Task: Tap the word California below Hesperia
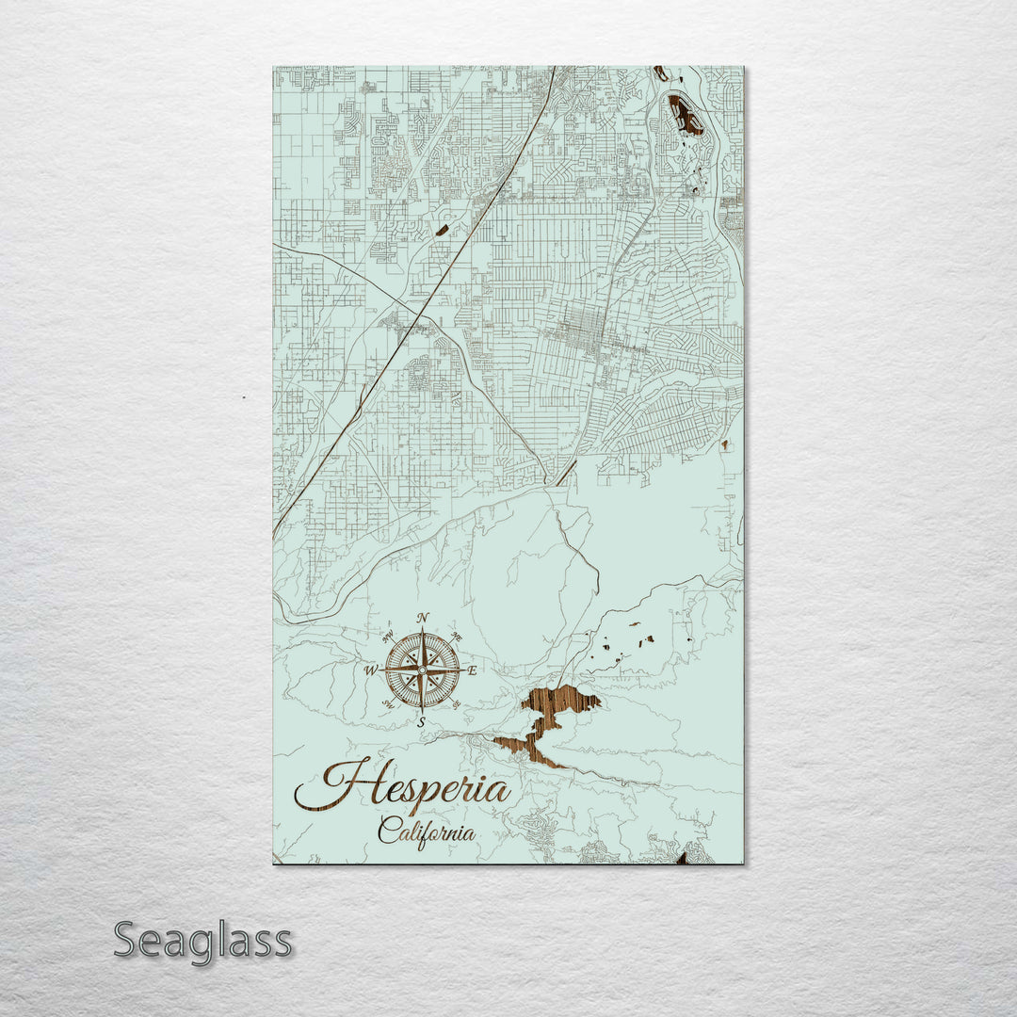coord(427,831)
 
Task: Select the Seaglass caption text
coord(202,942)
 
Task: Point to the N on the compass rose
coord(423,618)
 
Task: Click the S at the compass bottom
coord(422,722)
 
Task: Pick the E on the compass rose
coord(473,670)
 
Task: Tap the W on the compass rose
coord(371,670)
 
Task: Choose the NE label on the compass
coord(457,637)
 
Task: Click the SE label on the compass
coord(457,704)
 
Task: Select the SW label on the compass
coord(388,704)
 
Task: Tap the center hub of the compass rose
coord(422,670)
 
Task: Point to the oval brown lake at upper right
coord(686,115)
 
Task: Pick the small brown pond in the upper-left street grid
coord(442,229)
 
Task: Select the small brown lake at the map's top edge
coord(661,73)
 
